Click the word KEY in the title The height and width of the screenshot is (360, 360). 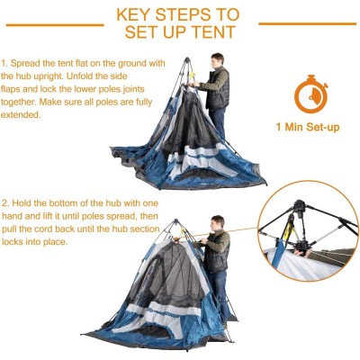135,15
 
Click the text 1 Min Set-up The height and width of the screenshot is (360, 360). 307,127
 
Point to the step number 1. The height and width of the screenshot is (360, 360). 4,65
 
